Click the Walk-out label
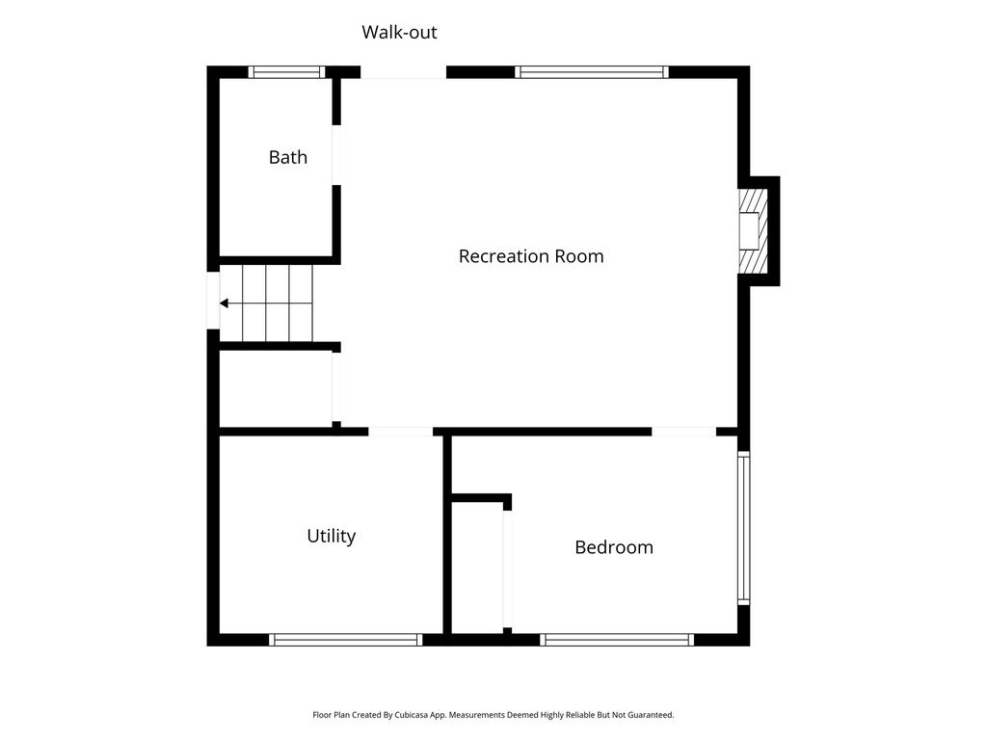[399, 33]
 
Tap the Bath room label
[287, 157]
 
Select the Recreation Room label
[531, 256]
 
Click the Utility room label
[331, 536]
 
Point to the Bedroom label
[614, 547]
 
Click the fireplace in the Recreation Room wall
[751, 231]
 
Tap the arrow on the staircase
[225, 304]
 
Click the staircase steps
[277, 304]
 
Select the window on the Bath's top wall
[286, 71]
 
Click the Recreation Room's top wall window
[592, 71]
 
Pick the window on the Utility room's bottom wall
[345, 639]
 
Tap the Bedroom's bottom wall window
[617, 639]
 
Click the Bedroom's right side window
[743, 528]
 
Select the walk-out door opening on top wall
[403, 72]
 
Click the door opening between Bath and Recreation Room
[336, 155]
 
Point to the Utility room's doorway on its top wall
[401, 431]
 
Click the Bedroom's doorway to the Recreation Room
[683, 431]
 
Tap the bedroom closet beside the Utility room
[477, 568]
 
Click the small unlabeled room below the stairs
[276, 387]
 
